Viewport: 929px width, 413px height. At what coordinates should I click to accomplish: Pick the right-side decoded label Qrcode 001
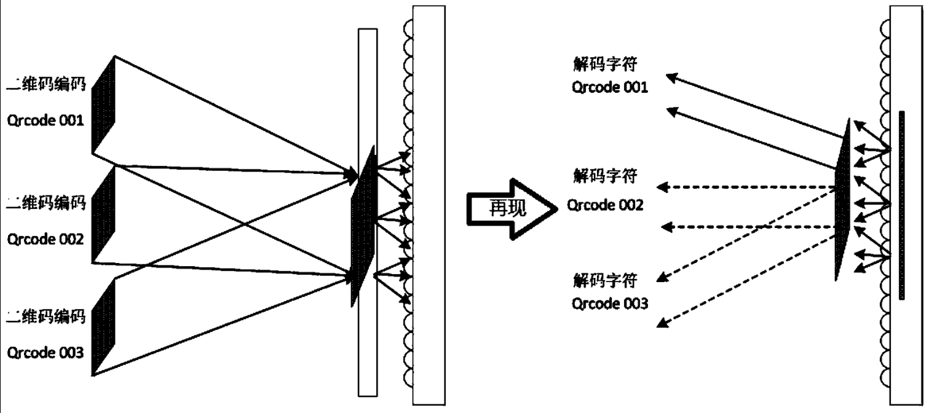click(609, 88)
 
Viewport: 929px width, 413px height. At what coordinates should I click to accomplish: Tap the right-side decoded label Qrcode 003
click(609, 304)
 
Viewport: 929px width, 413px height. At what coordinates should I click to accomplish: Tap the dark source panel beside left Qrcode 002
click(103, 215)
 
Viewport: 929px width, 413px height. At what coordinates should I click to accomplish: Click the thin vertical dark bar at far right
click(901, 205)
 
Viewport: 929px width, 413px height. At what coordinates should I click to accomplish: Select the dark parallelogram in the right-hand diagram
click(843, 200)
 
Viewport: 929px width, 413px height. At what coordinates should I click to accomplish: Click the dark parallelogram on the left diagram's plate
click(363, 227)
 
